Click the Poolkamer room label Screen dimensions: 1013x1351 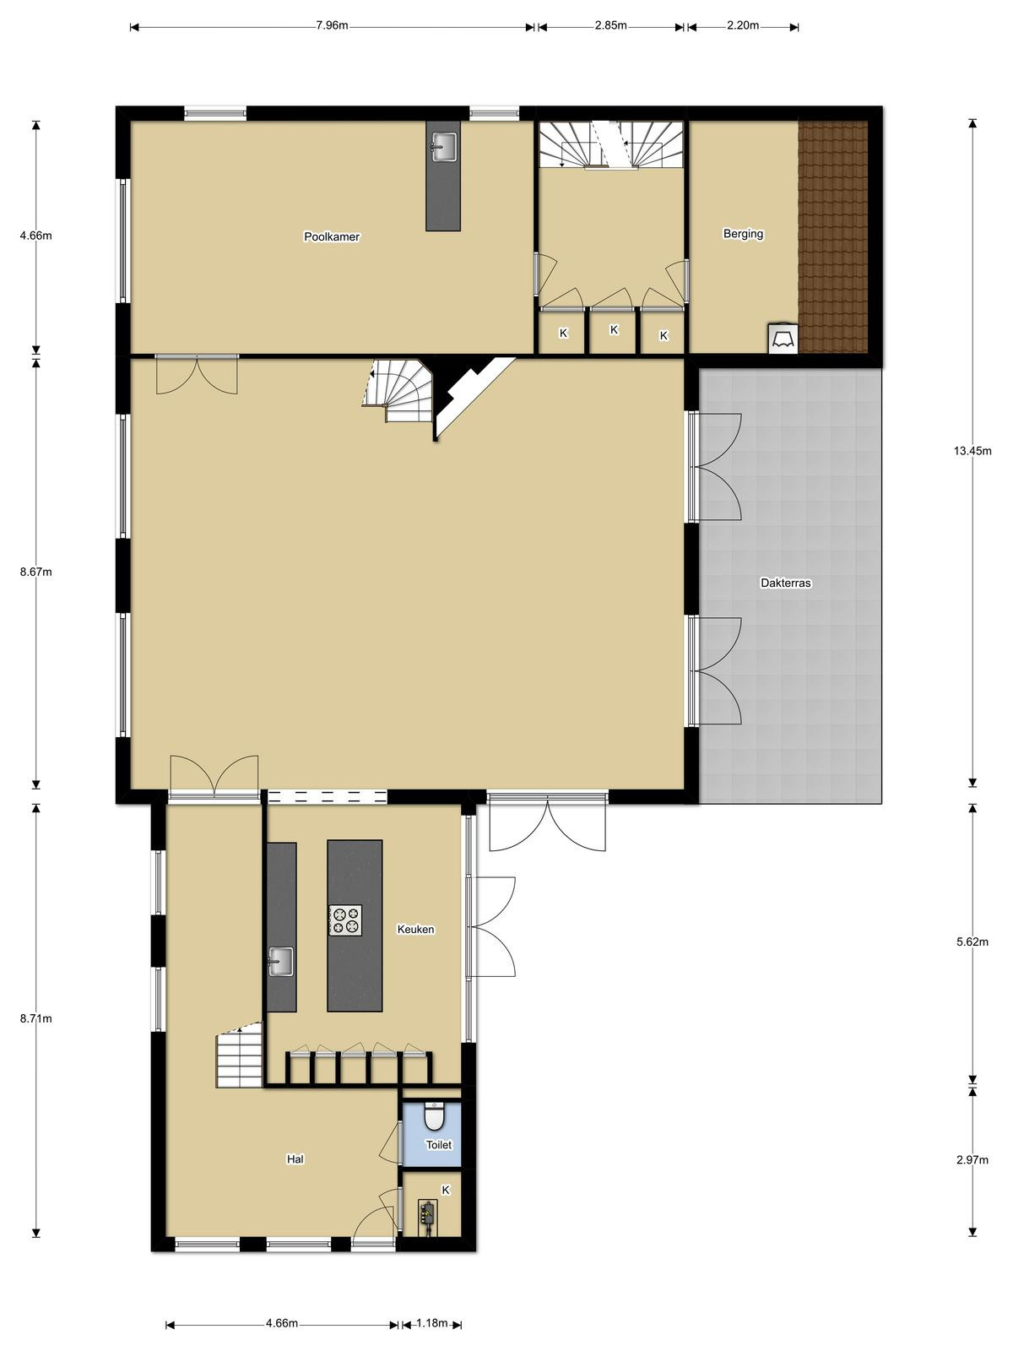[332, 236]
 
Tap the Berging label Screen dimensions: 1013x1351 [743, 234]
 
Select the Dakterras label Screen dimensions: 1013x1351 [785, 583]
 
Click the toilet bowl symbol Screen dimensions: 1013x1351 [434, 1117]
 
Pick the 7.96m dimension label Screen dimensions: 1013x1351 [332, 26]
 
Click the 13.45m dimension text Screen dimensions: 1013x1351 [972, 451]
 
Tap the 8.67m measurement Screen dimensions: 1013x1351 [35, 572]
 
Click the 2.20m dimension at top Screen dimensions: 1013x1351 [742, 26]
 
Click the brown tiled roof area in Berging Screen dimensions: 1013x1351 [833, 237]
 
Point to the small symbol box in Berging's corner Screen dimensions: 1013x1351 [783, 339]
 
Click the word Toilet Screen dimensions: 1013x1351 [438, 1145]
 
